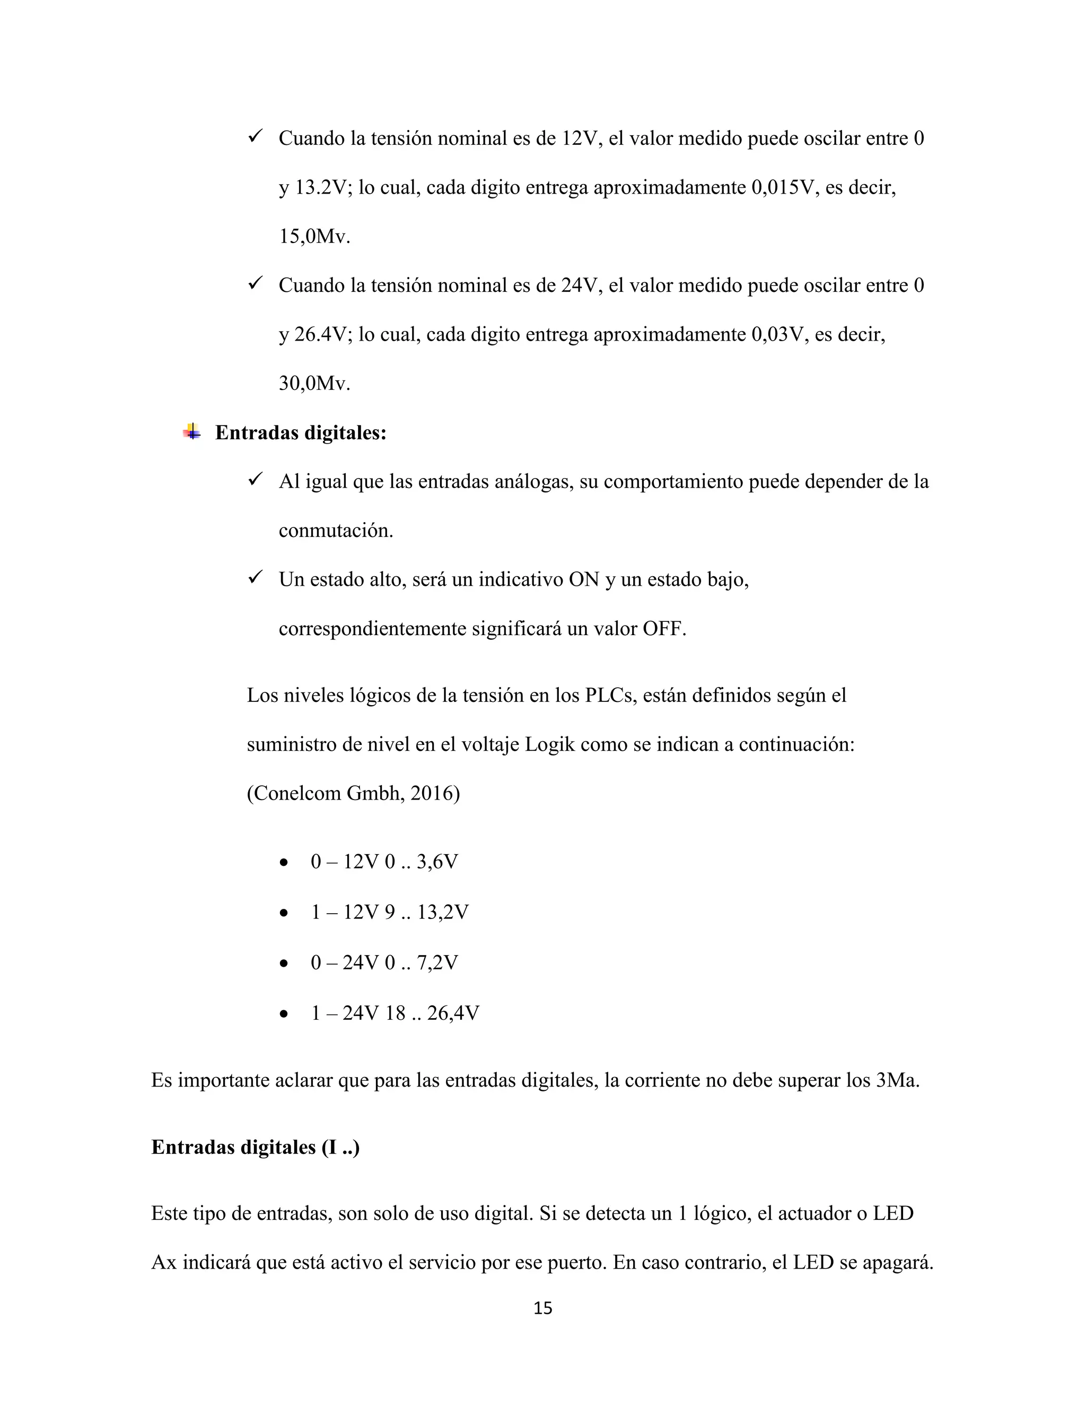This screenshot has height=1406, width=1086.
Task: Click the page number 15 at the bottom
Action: point(542,1307)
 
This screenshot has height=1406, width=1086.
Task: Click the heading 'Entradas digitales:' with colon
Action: point(301,432)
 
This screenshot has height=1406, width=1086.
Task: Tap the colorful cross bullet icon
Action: point(191,432)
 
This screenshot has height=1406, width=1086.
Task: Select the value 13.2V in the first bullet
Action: point(323,187)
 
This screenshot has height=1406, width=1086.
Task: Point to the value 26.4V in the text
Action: point(323,334)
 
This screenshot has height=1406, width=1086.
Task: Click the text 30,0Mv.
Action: point(314,383)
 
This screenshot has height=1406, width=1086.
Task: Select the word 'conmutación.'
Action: point(335,531)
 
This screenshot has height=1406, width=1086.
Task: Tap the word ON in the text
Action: point(584,579)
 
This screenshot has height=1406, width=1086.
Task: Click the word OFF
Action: point(664,628)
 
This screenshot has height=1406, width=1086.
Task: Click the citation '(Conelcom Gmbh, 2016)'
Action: point(353,793)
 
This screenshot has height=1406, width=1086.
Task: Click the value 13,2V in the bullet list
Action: point(443,912)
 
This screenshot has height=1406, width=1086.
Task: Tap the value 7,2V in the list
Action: point(437,962)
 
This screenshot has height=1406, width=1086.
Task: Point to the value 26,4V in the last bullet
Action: point(453,1013)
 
